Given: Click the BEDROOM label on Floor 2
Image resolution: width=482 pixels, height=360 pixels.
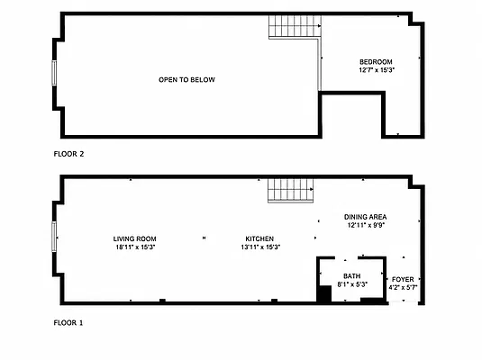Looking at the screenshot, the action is point(376,62).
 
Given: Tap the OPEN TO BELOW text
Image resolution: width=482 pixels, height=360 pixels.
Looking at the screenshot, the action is point(186,80).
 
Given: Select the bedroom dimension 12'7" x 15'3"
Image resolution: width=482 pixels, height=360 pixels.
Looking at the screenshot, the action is point(377,70).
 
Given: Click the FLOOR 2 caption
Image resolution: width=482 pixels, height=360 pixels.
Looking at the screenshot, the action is point(68,154).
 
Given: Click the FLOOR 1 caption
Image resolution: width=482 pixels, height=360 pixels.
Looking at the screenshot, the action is point(68,323).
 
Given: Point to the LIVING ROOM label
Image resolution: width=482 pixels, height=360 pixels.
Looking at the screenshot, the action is point(134,238).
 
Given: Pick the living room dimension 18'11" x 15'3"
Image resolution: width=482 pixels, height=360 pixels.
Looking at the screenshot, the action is point(135,247).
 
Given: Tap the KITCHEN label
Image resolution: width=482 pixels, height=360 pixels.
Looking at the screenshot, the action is point(259,238).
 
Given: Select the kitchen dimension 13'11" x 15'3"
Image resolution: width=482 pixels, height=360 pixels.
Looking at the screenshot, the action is point(260,247).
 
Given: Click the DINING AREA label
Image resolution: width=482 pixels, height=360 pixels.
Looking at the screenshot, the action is point(365,217).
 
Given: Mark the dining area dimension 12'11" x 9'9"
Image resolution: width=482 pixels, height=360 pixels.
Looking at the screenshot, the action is point(366,225).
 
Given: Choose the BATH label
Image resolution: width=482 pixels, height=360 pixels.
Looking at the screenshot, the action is point(352,276).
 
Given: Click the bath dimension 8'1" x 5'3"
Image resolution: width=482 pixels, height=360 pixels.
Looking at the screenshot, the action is point(352,284).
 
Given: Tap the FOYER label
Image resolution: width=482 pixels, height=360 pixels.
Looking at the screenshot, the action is point(403,280).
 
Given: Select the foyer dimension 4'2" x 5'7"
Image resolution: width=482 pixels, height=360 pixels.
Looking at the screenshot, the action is point(403,288).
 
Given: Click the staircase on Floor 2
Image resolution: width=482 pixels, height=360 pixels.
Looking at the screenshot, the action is point(295,27).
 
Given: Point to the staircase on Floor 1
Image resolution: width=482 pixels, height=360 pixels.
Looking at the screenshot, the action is point(290,191).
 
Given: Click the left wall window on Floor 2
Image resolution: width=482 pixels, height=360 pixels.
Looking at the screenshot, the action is point(54,73).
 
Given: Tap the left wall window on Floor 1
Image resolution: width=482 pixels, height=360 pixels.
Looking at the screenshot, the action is point(54,237).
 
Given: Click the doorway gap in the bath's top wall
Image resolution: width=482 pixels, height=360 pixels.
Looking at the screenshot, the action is point(347,258).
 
